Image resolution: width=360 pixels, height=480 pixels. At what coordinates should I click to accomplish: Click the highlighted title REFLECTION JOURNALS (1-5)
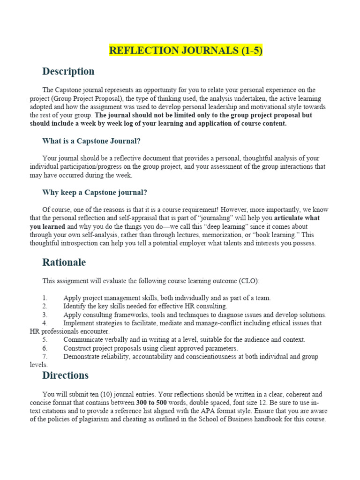186,51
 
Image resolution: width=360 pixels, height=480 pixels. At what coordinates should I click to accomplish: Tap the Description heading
68,71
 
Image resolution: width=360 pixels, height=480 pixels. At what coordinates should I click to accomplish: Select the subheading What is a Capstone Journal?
91,141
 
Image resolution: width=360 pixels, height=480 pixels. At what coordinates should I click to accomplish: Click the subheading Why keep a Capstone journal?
95,192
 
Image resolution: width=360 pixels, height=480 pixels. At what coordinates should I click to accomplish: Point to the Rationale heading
64,262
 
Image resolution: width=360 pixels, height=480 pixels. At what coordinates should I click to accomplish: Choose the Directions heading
66,375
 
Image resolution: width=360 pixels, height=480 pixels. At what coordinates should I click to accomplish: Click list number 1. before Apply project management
45,298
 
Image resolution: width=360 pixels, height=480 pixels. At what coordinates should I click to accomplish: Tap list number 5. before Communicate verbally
45,339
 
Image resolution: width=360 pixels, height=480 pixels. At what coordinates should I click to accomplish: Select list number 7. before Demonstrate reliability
45,356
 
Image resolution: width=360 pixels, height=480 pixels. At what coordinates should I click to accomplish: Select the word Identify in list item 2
75,306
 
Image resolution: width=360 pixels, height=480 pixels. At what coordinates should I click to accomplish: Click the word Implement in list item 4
79,323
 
